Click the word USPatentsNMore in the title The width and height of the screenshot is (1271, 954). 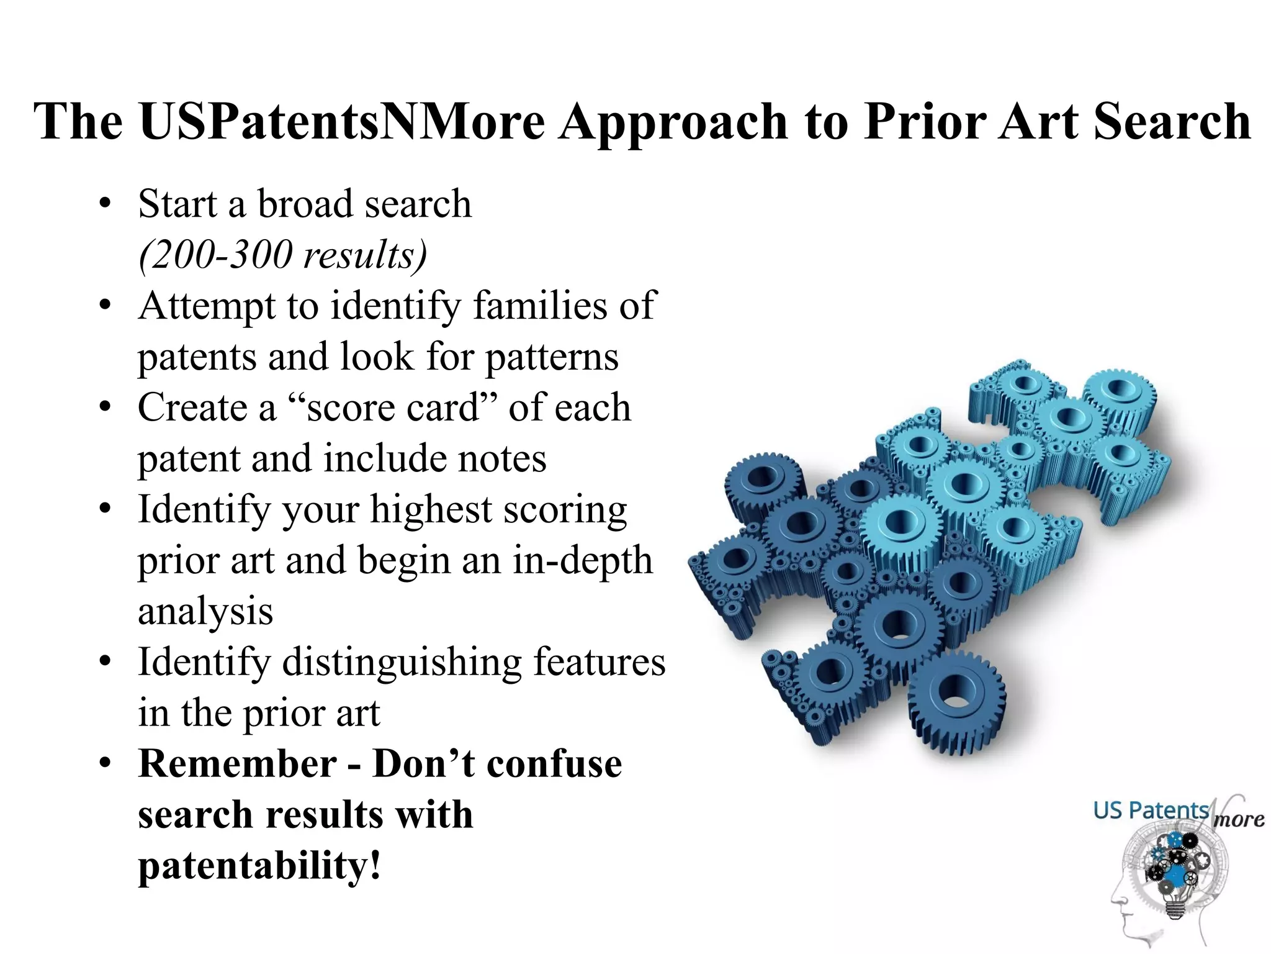pos(341,121)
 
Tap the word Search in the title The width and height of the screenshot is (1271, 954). pos(1172,121)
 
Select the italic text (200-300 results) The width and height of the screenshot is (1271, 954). pos(282,255)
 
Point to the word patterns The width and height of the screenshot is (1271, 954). pos(551,357)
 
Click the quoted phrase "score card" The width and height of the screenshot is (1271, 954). pos(393,408)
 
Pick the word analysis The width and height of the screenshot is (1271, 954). pos(205,612)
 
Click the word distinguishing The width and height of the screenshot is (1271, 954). pos(402,662)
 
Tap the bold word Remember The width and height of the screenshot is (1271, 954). pos(237,764)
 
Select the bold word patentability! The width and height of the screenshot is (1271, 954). pos(259,866)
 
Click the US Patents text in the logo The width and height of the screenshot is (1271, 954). pos(1151,811)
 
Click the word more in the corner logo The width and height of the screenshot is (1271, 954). pos(1238,820)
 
